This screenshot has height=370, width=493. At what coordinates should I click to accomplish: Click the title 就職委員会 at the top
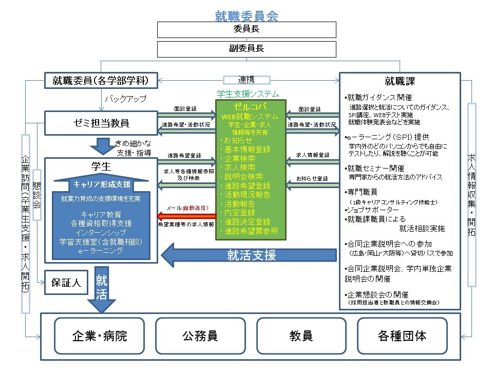[x=246, y=15]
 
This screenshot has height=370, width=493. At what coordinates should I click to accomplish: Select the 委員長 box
[x=246, y=29]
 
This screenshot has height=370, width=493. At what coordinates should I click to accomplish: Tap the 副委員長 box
[x=246, y=49]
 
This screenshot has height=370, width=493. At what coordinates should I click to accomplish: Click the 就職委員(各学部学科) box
[x=100, y=80]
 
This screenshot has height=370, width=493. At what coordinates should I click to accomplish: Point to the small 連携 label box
[x=246, y=80]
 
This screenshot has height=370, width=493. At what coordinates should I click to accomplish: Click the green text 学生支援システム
[x=248, y=94]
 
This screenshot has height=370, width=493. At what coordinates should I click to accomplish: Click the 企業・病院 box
[x=99, y=336]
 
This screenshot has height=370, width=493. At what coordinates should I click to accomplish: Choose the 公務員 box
[x=200, y=336]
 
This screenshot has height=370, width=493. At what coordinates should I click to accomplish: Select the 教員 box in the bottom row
[x=300, y=336]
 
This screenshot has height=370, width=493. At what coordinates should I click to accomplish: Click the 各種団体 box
[x=402, y=336]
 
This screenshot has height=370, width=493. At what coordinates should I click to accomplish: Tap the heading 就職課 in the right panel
[x=400, y=81]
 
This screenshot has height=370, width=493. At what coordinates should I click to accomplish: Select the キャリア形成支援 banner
[x=102, y=184]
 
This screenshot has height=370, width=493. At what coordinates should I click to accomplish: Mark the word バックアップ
[x=126, y=98]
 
